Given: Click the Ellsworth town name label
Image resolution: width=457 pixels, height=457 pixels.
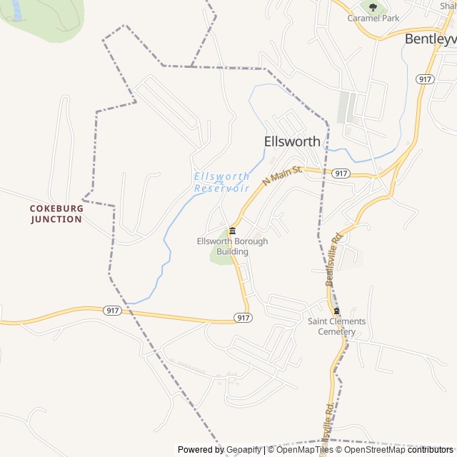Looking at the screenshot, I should pyautogui.click(x=292, y=141).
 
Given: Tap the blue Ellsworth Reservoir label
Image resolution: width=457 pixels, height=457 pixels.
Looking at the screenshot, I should pyautogui.click(x=222, y=182).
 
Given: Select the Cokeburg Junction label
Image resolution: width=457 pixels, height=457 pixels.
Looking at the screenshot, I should pyautogui.click(x=56, y=214).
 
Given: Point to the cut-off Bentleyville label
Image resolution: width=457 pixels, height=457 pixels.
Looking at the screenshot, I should pyautogui.click(x=430, y=39).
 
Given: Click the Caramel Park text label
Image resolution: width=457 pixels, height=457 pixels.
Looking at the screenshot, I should pyautogui.click(x=372, y=18).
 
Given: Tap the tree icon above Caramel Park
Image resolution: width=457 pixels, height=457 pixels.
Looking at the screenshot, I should pyautogui.click(x=373, y=7).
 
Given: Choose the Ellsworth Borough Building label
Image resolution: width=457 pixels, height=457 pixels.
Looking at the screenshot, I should pyautogui.click(x=233, y=246).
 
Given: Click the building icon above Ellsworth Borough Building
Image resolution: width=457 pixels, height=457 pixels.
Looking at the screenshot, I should pyautogui.click(x=233, y=231).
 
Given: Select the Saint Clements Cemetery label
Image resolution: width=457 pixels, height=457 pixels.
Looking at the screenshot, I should pyautogui.click(x=336, y=326).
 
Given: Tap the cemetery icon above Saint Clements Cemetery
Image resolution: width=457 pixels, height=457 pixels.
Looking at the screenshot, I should pyautogui.click(x=336, y=311).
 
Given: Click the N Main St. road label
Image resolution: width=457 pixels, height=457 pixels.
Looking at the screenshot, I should pyautogui.click(x=283, y=175).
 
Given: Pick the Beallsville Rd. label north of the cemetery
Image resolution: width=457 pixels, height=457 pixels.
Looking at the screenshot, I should pyautogui.click(x=334, y=258).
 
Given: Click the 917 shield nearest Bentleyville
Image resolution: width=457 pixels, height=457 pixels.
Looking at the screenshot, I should pyautogui.click(x=426, y=79).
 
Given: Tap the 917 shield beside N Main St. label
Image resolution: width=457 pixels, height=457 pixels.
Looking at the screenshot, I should pyautogui.click(x=341, y=174).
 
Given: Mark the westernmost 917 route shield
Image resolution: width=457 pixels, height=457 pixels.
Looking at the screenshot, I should pyautogui.click(x=111, y=310).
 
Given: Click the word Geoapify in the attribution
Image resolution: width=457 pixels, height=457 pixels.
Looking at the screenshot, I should pyautogui.click(x=243, y=449).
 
